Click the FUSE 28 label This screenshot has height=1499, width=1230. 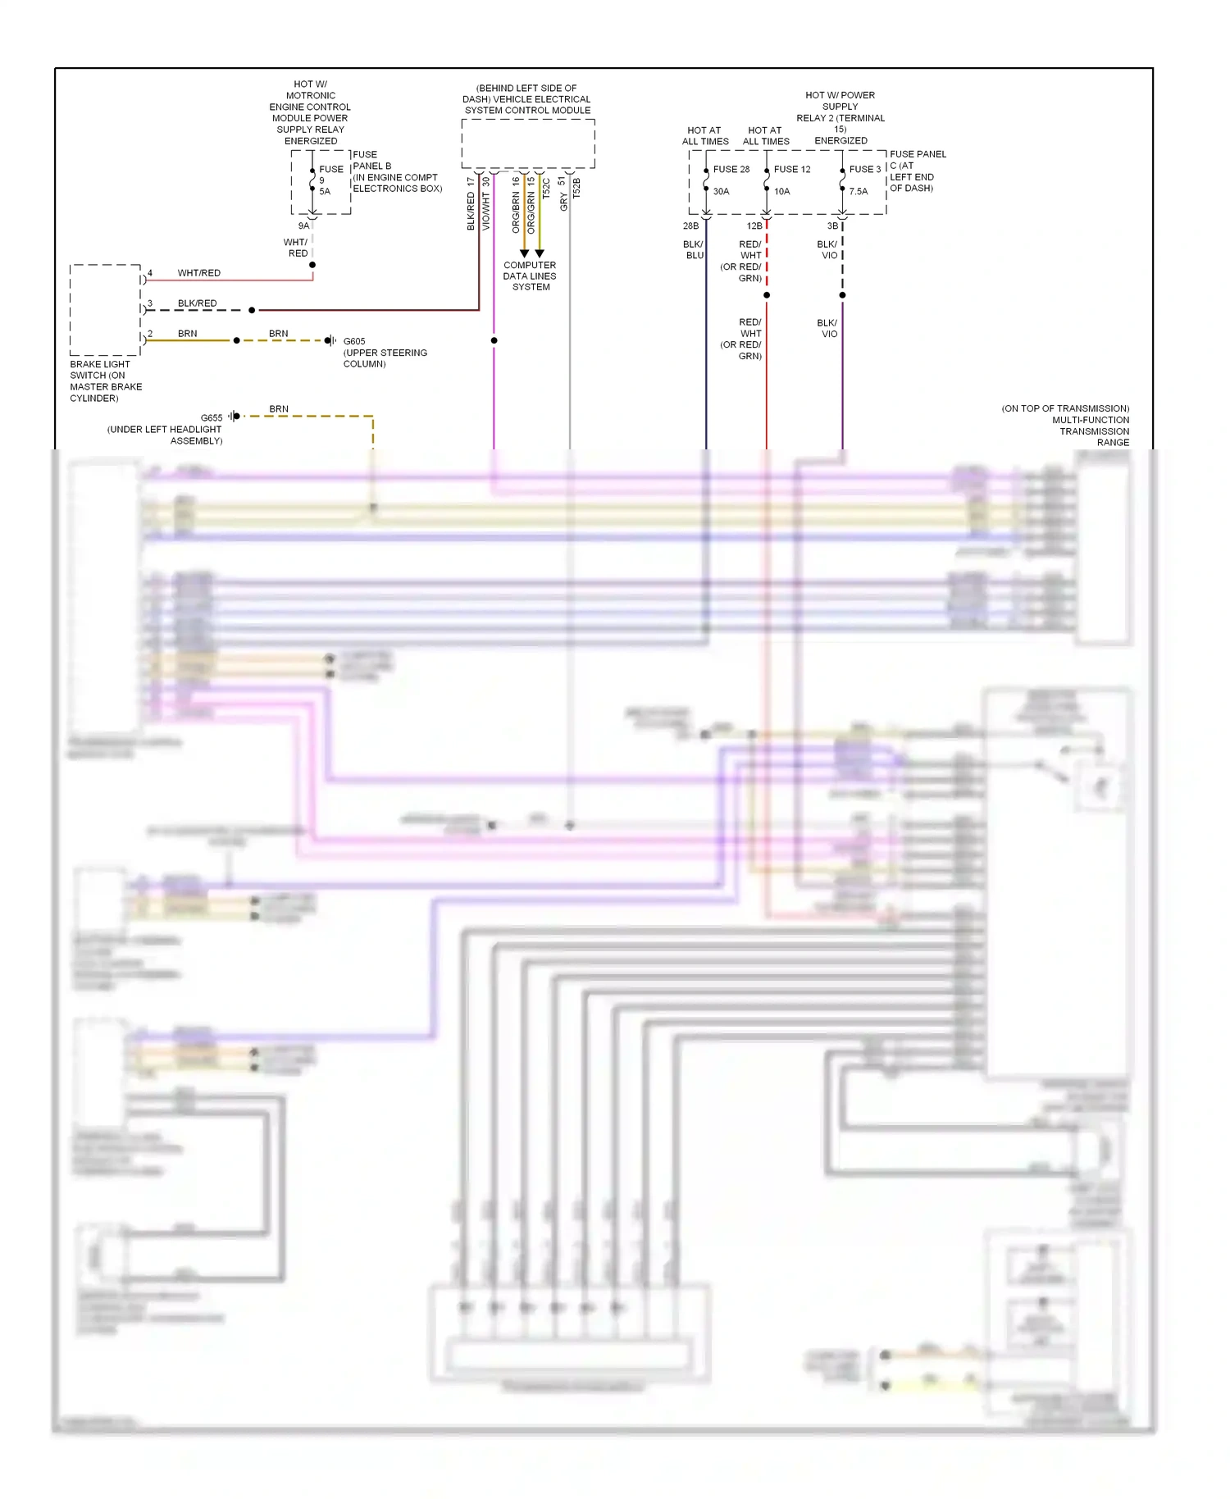731,169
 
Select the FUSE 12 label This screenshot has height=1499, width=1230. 791,169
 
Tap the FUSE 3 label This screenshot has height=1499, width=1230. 864,169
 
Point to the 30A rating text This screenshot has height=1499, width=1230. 721,191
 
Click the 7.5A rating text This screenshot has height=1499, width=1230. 858,191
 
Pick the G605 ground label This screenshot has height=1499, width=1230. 354,341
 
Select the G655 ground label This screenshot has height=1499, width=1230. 212,417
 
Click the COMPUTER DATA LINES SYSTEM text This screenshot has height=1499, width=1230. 530,276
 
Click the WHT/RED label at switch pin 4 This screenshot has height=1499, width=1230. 198,273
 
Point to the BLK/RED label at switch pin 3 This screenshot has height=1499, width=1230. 197,303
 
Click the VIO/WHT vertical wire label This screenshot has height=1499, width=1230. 485,211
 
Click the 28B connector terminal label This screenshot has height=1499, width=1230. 690,226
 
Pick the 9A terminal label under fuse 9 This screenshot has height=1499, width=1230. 303,226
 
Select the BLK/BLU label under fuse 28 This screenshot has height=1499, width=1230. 694,250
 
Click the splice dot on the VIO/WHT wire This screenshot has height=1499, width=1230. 494,340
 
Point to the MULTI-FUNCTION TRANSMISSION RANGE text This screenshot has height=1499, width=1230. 1091,431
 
